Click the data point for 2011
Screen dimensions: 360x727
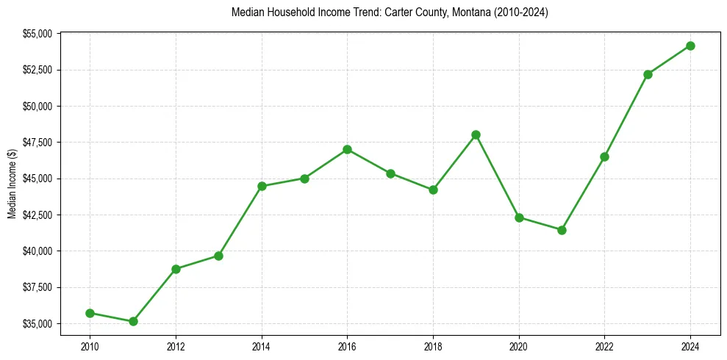coord(133,321)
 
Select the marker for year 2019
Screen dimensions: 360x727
coord(476,134)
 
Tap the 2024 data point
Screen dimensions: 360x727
coord(690,46)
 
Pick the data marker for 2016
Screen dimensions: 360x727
coord(347,149)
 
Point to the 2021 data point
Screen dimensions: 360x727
coord(562,230)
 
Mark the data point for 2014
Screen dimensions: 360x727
coord(262,186)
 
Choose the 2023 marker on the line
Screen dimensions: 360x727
coord(648,74)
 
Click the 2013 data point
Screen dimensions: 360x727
coord(218,256)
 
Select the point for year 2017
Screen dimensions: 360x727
coord(390,173)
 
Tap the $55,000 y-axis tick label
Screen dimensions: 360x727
coord(37,34)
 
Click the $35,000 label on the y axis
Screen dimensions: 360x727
coord(37,324)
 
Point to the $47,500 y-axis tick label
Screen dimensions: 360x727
coord(37,143)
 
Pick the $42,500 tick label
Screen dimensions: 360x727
coord(37,215)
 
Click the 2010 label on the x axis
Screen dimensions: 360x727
coord(90,345)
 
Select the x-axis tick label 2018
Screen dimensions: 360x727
coord(433,345)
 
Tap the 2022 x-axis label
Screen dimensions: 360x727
coord(604,345)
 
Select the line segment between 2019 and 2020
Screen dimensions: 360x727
coord(498,176)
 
